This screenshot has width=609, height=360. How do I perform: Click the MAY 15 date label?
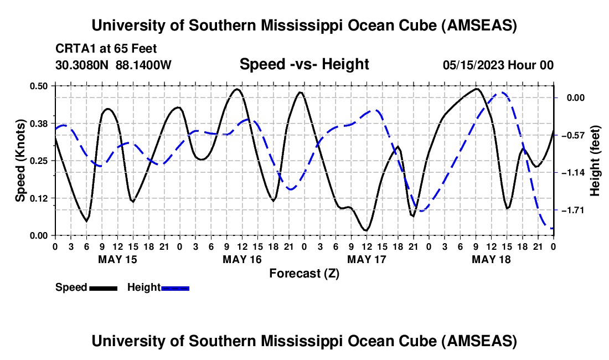[117, 259]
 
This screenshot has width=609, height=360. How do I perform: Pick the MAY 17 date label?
[367, 259]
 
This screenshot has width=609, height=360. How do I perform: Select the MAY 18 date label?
[491, 259]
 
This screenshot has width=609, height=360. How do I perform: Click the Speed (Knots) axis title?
[20, 161]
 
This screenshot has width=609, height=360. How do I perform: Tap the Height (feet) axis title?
[596, 161]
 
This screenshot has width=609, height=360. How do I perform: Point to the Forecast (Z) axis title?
[304, 273]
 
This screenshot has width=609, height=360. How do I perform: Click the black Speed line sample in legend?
[102, 287]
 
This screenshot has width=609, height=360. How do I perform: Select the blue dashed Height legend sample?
[175, 287]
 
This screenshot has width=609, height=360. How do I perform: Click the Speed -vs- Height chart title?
[304, 64]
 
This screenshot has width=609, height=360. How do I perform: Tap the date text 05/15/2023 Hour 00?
[498, 65]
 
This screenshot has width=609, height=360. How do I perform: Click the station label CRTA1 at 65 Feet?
[106, 48]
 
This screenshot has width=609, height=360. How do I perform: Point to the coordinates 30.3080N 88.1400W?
[113, 65]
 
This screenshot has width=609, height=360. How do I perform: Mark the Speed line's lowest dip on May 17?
[365, 230]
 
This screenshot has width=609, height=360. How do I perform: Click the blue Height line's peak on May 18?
[503, 93]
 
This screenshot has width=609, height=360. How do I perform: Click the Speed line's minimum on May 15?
[86, 222]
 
